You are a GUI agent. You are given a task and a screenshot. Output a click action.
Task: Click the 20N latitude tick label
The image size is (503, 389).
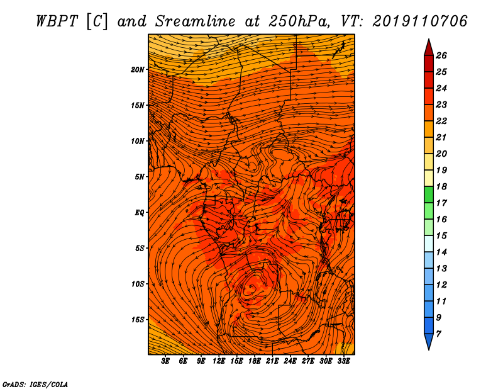(138, 70)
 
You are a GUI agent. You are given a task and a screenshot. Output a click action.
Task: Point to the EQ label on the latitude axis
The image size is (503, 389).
(140, 213)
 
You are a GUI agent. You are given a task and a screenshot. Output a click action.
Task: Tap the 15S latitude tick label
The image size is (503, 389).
(138, 320)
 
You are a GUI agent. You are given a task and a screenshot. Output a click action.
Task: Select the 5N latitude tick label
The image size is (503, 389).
(140, 177)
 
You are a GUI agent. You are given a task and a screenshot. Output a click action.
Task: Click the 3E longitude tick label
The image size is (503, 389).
(165, 361)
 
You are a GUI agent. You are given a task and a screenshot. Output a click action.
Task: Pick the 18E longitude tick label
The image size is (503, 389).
(255, 361)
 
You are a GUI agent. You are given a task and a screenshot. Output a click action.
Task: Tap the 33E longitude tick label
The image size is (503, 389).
(343, 361)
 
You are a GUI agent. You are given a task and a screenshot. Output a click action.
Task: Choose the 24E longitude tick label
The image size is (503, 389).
(290, 361)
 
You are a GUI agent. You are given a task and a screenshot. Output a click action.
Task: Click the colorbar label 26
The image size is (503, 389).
(441, 55)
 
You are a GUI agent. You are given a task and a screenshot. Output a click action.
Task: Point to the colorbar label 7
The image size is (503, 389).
(438, 334)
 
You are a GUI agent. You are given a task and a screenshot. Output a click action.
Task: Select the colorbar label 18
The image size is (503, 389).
(441, 186)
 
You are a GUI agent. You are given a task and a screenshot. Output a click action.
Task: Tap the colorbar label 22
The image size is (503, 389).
(441, 121)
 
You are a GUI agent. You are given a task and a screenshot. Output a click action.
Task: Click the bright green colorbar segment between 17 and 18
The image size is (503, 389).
(429, 194)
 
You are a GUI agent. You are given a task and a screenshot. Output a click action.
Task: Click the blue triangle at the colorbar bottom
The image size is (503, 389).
(429, 341)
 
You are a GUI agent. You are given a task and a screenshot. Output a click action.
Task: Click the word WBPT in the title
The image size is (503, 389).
(57, 21)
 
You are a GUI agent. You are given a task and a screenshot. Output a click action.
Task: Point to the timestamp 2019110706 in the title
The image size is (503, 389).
(419, 21)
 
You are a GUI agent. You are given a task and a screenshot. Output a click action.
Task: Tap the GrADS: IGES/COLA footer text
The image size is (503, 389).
(35, 385)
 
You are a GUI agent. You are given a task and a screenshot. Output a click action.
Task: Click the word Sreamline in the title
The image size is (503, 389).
(195, 21)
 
